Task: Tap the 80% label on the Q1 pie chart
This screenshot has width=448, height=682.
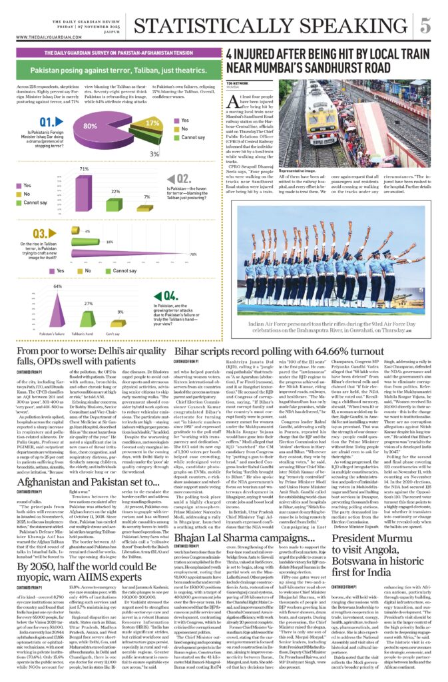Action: [89, 125]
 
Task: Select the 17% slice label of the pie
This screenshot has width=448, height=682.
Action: [152, 123]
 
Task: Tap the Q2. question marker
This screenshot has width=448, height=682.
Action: [182, 178]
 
